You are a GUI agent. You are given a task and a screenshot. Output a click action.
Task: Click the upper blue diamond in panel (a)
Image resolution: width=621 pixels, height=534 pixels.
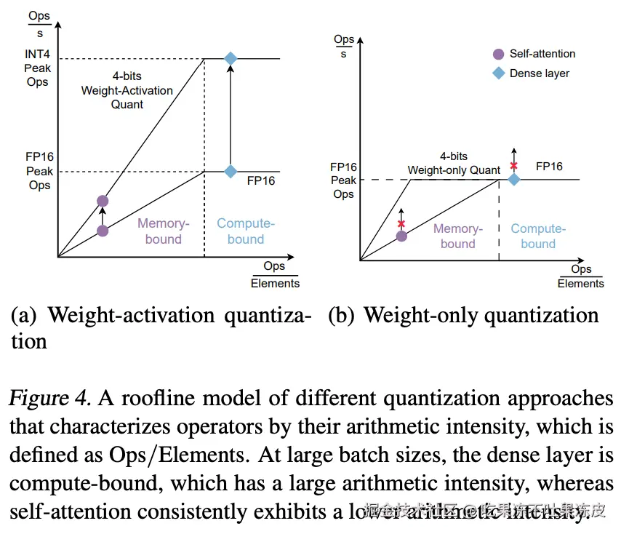point(231,58)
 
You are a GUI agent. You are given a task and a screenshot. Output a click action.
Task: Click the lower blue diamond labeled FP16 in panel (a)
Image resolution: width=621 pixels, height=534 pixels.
point(231,171)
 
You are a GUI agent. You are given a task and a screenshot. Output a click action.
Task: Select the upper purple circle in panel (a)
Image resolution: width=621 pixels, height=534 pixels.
point(103,201)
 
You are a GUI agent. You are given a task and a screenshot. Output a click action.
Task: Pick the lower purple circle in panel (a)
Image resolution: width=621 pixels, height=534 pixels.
point(103,231)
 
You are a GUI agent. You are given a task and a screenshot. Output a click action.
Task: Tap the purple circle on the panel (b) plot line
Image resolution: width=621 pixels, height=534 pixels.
point(401,236)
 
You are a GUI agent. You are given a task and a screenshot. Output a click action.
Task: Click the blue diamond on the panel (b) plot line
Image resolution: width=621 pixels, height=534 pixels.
point(514,179)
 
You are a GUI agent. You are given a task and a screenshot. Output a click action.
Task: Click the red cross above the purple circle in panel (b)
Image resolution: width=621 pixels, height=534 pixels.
point(401,223)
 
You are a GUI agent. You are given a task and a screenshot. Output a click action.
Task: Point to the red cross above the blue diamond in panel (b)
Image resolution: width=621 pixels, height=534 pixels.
point(514,166)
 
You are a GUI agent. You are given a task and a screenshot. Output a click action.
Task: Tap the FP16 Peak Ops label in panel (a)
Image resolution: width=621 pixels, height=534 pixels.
point(39,171)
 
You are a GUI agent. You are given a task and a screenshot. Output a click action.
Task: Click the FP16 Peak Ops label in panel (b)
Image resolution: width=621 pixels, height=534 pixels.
point(343,180)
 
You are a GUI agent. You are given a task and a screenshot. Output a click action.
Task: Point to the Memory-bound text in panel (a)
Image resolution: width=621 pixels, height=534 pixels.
point(163,231)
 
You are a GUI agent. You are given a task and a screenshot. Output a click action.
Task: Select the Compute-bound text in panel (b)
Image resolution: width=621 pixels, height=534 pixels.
point(538,236)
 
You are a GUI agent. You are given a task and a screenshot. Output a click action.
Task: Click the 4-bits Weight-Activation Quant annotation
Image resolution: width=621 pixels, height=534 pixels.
point(127,91)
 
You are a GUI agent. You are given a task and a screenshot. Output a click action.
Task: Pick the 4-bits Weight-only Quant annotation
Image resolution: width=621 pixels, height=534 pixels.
point(454,164)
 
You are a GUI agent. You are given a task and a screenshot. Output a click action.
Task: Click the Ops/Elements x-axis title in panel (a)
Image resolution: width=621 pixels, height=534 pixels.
point(275,274)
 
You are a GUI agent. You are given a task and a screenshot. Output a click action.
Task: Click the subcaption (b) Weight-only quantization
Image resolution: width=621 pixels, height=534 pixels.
point(462,316)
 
